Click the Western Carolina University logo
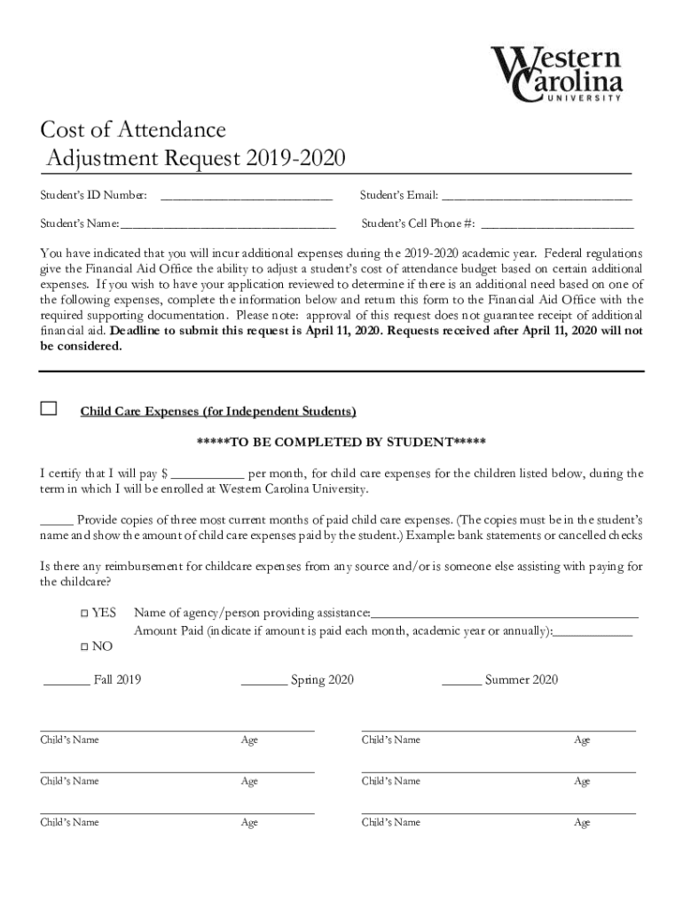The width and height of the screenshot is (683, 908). pos(557,74)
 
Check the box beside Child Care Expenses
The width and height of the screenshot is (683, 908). pos(49,409)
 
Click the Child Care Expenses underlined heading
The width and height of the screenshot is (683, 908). pos(218,411)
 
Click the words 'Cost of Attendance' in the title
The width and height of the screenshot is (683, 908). pos(133,130)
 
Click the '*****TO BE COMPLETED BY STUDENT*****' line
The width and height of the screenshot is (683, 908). pos(341,442)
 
